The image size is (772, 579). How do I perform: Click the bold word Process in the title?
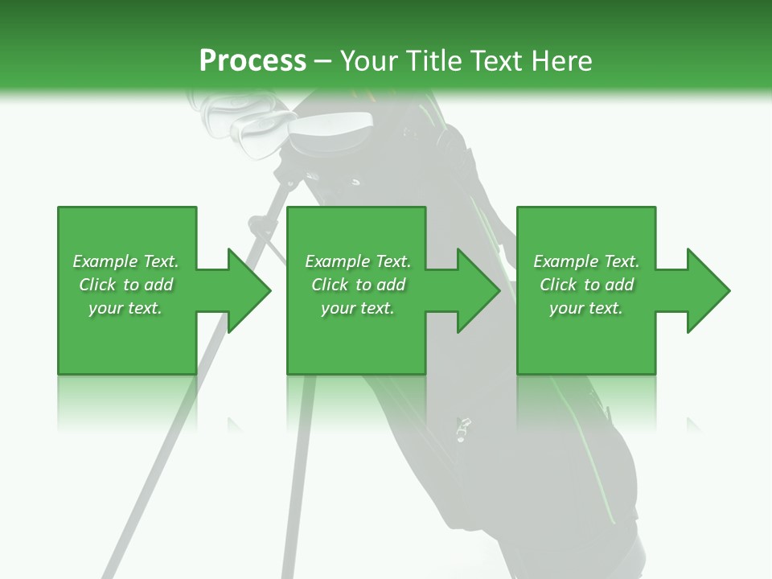(253, 61)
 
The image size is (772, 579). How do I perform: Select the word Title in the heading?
(435, 61)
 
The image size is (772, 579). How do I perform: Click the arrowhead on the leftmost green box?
(244, 290)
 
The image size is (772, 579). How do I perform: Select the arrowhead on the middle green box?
(474, 290)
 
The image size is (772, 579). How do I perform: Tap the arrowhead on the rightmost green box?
(704, 290)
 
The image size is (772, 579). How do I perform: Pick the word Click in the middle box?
(331, 285)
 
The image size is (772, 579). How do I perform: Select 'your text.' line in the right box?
(585, 308)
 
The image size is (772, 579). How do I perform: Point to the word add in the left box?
(158, 285)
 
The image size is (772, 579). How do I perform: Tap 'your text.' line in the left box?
(125, 308)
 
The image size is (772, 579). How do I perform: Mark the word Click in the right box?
(559, 285)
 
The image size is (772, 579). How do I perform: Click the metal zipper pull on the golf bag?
(462, 429)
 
